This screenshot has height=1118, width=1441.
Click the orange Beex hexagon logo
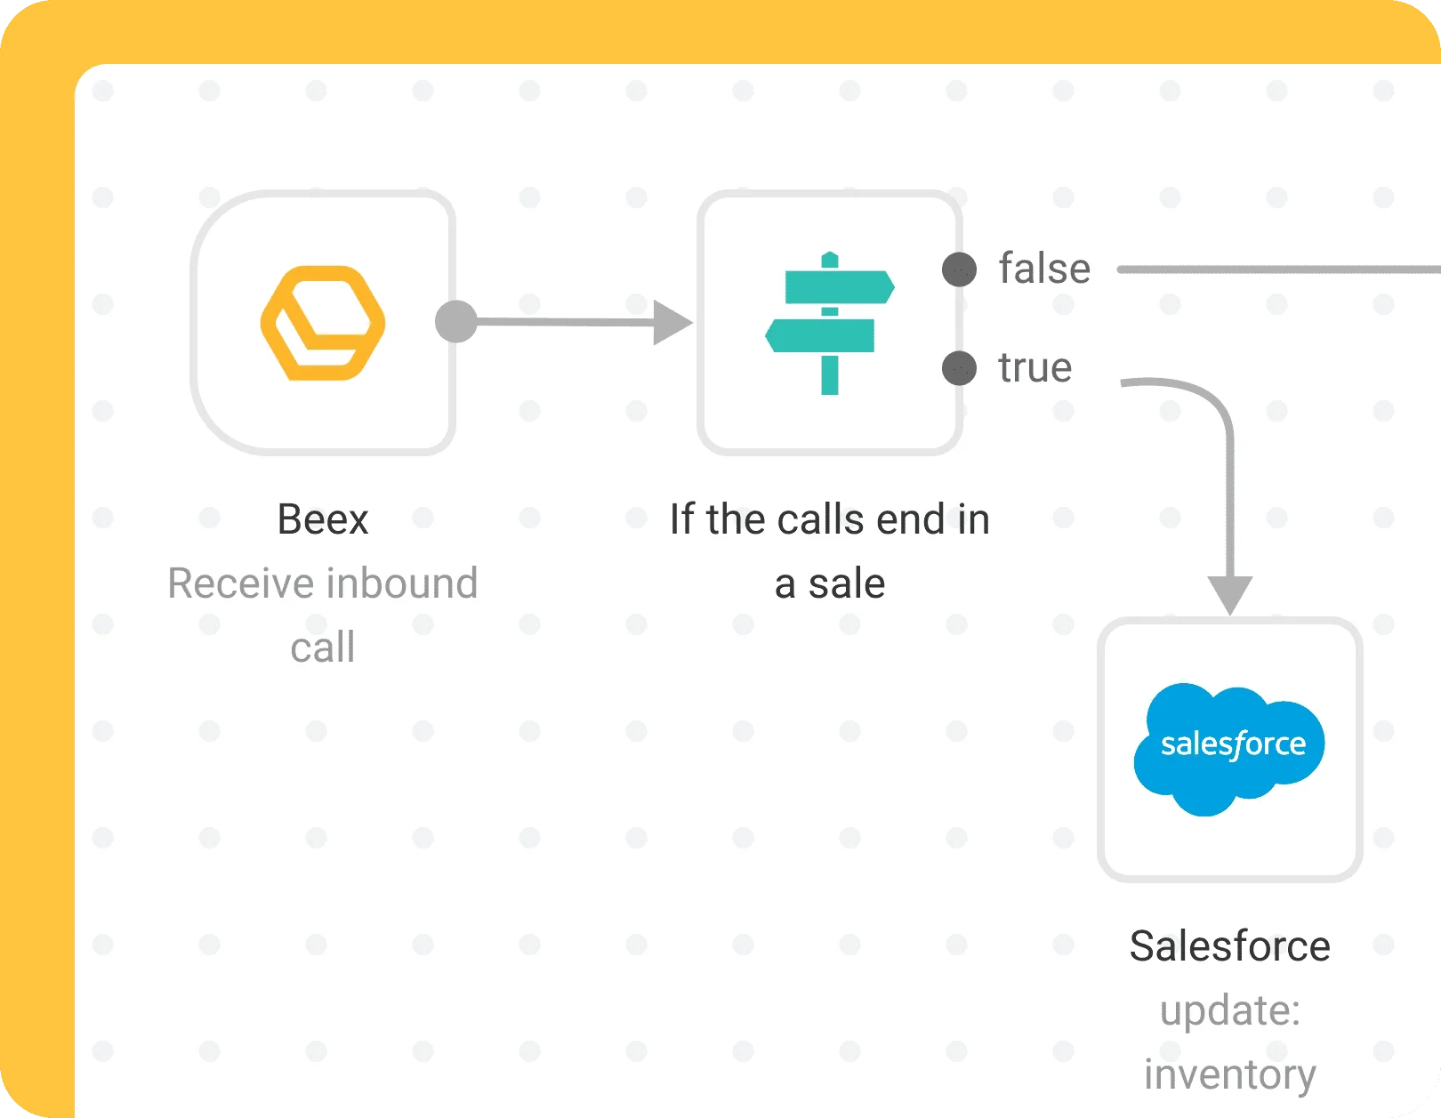(x=323, y=323)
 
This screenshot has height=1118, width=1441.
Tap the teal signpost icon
(x=830, y=323)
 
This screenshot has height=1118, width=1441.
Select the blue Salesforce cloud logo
(x=1229, y=748)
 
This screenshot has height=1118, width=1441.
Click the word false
(x=1044, y=269)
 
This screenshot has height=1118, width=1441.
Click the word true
(x=1034, y=367)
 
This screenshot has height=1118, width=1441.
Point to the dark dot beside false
(x=959, y=269)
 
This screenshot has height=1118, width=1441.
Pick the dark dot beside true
(x=959, y=367)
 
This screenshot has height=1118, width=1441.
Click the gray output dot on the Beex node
(x=456, y=322)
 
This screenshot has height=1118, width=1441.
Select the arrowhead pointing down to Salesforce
(x=1229, y=594)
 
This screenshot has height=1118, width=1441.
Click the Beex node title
(x=323, y=519)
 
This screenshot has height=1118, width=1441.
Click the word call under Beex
(x=323, y=647)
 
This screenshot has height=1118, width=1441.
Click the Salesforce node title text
(x=1229, y=946)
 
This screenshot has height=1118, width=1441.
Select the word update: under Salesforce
(x=1229, y=1010)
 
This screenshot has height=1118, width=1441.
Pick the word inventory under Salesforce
(x=1229, y=1074)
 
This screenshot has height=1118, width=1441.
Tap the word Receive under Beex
(x=240, y=583)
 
